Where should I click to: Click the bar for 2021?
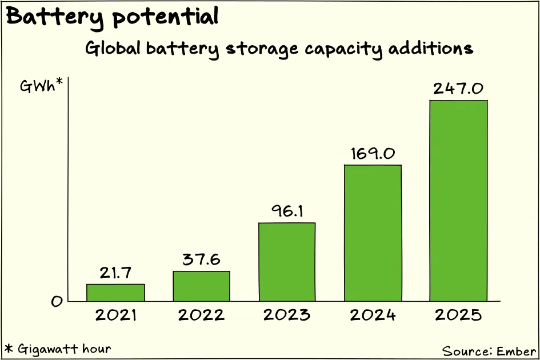(x=115, y=293)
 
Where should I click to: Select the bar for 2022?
(x=201, y=286)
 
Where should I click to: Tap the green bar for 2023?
(x=287, y=262)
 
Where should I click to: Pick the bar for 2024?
(x=373, y=233)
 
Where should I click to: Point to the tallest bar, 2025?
(x=458, y=201)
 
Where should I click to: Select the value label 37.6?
(x=201, y=259)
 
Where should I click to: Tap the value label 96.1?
(x=287, y=211)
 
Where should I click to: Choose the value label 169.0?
(x=373, y=154)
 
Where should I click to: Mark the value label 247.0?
(x=458, y=89)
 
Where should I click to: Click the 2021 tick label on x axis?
(x=116, y=315)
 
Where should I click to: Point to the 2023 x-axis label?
(x=287, y=315)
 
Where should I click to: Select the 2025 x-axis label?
(x=458, y=315)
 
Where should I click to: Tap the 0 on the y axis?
(x=57, y=302)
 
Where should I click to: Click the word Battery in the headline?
(x=55, y=17)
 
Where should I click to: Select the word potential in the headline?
(x=165, y=17)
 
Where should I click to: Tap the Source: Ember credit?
(x=489, y=351)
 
